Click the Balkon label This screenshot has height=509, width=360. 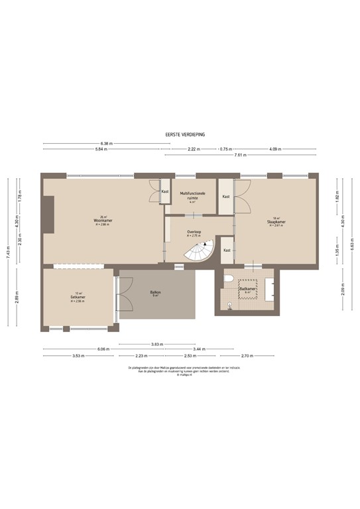point(156,294)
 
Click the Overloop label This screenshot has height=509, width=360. point(194,233)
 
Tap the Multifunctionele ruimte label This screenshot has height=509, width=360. point(193,196)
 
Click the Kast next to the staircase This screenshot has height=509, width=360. point(227,250)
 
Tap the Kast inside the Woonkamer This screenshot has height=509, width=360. point(164,192)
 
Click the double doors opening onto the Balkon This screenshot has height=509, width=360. point(117,300)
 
